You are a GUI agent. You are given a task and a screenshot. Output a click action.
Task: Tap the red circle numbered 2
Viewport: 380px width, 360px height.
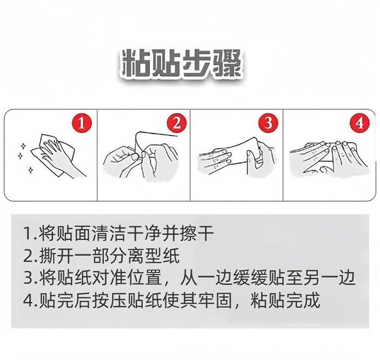177,124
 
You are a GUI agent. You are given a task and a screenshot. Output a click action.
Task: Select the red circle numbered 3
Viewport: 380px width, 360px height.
268,124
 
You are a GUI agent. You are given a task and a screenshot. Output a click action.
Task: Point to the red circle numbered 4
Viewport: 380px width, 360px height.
359,124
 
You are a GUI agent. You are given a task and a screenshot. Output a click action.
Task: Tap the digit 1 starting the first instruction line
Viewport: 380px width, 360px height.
28,234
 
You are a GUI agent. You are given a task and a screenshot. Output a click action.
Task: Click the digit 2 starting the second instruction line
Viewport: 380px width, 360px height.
28,256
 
